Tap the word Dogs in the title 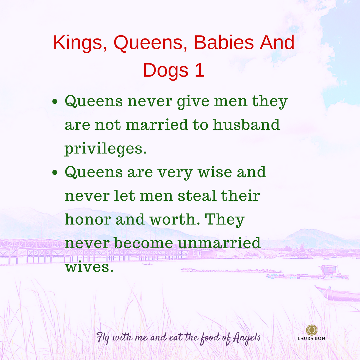161,70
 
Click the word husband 246,125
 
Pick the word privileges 106,149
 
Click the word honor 87,220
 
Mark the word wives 89,267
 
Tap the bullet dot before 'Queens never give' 56,102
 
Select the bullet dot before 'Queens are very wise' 56,173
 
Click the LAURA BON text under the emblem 312,338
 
